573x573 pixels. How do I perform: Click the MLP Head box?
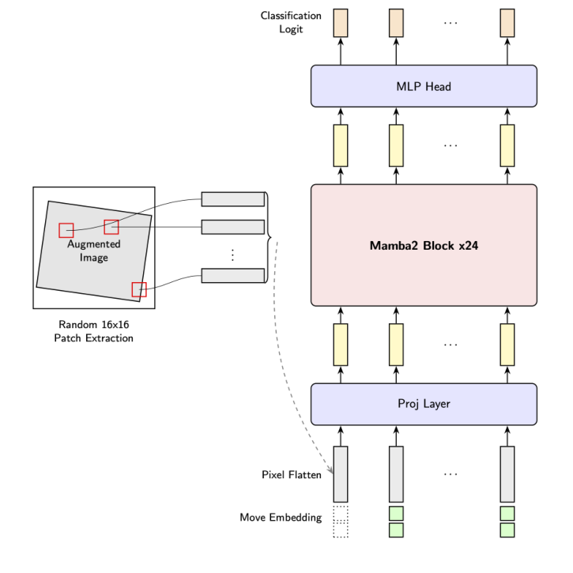click(424, 86)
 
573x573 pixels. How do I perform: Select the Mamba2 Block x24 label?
click(424, 245)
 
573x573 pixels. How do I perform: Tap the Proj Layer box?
click(424, 404)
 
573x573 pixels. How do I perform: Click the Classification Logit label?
click(291, 22)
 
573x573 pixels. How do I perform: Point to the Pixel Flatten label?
click(291, 475)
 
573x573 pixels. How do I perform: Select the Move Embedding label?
click(281, 518)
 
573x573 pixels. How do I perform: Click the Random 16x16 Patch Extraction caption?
click(93, 331)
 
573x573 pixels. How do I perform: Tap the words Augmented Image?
click(93, 251)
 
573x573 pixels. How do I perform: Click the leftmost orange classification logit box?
click(341, 22)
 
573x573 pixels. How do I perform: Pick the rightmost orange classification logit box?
click(507, 22)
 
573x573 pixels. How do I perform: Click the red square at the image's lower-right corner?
click(139, 289)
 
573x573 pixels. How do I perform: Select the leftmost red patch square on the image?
click(66, 230)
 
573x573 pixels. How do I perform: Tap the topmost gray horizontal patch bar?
click(232, 198)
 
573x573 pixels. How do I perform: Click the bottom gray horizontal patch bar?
click(232, 275)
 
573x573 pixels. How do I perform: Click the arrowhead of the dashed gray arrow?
click(331, 473)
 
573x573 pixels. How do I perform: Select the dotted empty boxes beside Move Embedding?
click(341, 522)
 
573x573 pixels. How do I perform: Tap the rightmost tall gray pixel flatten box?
click(507, 474)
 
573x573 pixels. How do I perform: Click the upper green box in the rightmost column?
click(507, 513)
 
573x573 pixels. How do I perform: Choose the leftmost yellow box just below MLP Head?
click(341, 145)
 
